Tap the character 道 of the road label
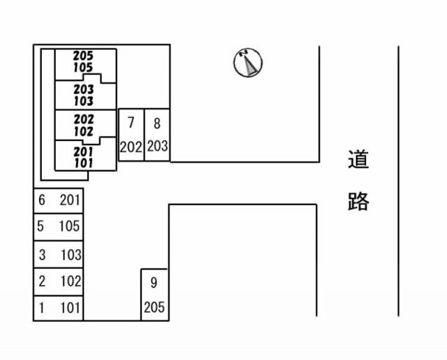358,160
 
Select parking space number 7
131,135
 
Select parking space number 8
157,135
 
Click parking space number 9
154,294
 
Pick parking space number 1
59,308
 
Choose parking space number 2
59,281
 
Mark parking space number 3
59,255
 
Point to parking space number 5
59,226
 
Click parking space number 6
59,200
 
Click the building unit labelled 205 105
85,61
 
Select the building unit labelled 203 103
85,96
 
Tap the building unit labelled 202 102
85,125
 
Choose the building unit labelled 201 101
85,156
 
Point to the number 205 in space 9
154,307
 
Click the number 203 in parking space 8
157,147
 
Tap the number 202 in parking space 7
131,147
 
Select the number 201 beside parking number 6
70,200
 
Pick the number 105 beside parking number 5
70,226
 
